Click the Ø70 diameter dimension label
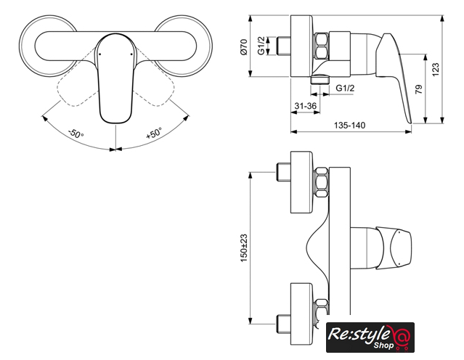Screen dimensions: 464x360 [x=243, y=46]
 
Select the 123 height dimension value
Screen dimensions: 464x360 [x=435, y=70]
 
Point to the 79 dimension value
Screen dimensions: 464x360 [x=419, y=89]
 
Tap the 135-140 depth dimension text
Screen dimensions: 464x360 [x=349, y=125]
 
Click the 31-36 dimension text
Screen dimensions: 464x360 [x=306, y=105]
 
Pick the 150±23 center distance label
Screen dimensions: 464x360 [x=243, y=248]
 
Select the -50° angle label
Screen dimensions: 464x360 [x=76, y=134]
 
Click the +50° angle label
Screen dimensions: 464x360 [x=154, y=133]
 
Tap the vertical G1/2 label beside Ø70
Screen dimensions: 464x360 [x=261, y=46]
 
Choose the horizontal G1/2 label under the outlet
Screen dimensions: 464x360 [x=345, y=88]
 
